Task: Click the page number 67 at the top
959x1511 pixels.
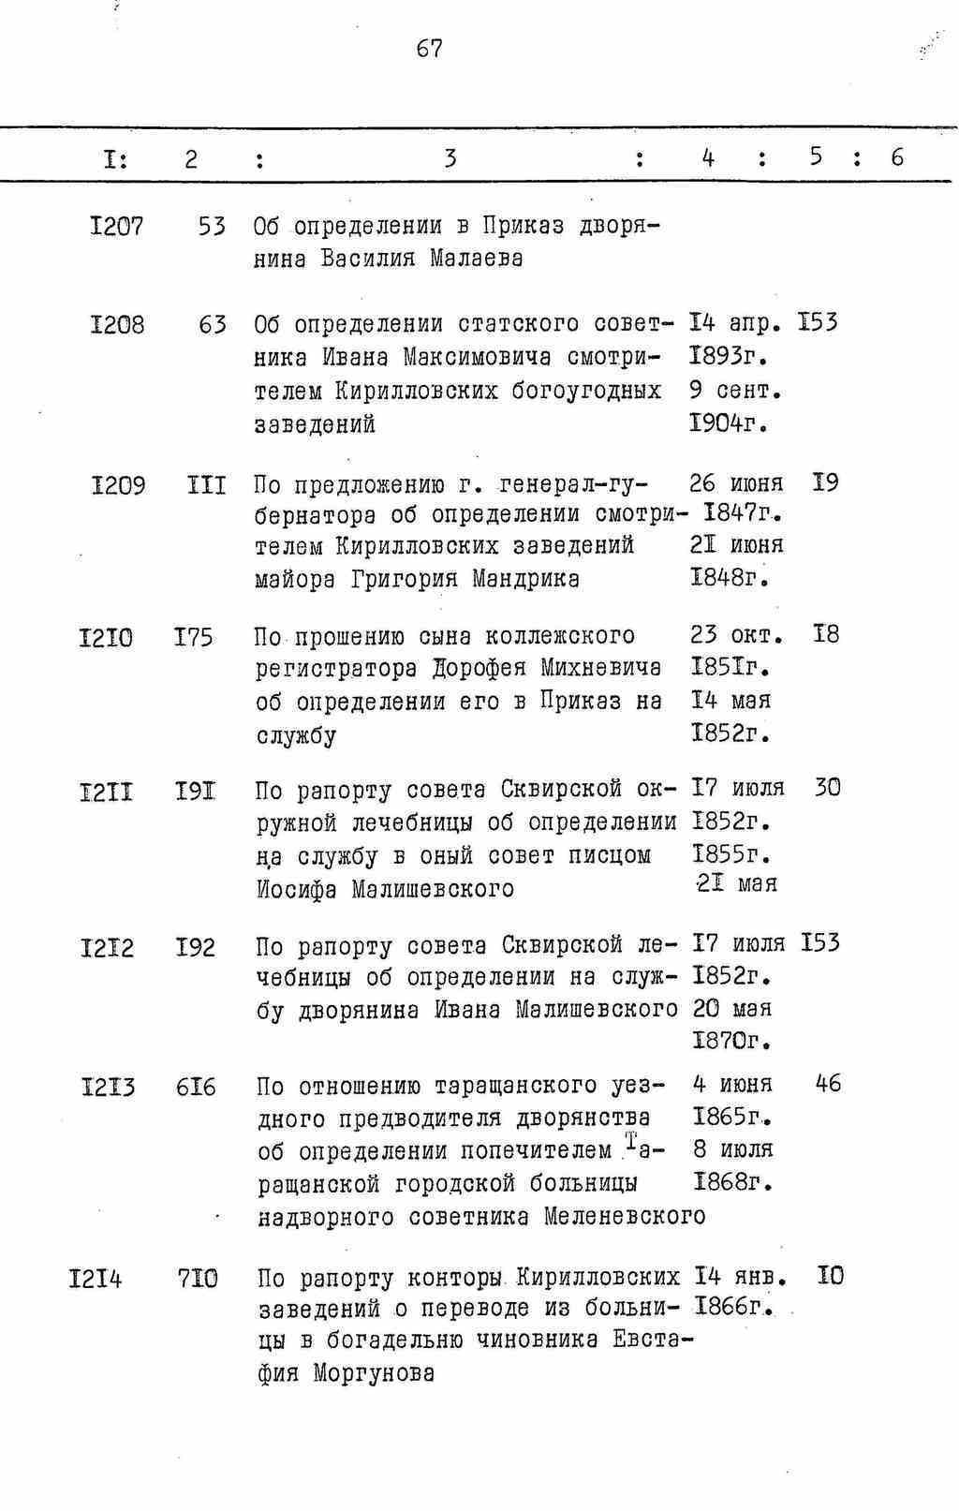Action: tap(430, 49)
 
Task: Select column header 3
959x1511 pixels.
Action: tap(450, 157)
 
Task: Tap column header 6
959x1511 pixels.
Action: tap(896, 157)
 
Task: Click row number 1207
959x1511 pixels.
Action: tap(117, 226)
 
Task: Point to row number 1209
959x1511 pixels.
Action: tap(119, 485)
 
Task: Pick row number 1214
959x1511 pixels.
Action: tap(96, 1278)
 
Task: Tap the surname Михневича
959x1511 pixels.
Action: tap(600, 669)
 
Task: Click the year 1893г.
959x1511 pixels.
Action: tap(729, 357)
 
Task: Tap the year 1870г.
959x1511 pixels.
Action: tap(732, 1041)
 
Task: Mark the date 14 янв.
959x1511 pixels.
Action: tap(740, 1277)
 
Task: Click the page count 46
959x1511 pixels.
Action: tap(828, 1084)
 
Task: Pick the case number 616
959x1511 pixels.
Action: tap(196, 1088)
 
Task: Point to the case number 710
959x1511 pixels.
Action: tap(198, 1278)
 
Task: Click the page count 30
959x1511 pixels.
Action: tap(827, 788)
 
